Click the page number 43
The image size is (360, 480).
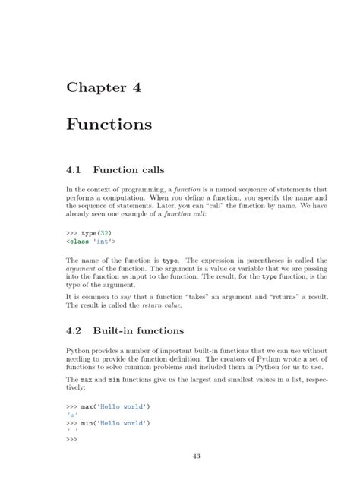pyautogui.click(x=180, y=456)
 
